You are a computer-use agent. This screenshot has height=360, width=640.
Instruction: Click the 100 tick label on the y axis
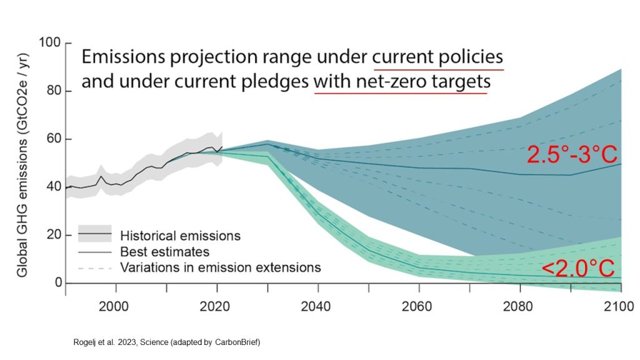tap(49, 43)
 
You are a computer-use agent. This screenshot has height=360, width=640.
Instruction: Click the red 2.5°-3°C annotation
tap(572, 154)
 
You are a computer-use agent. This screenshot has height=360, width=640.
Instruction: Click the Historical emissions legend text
tap(179, 236)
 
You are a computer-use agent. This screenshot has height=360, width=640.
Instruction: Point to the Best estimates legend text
tap(164, 252)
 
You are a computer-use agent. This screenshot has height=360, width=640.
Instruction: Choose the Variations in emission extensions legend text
tap(219, 267)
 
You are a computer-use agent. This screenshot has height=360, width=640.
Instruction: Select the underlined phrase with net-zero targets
tap(401, 82)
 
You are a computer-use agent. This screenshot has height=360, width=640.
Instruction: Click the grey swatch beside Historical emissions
tap(94, 234)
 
